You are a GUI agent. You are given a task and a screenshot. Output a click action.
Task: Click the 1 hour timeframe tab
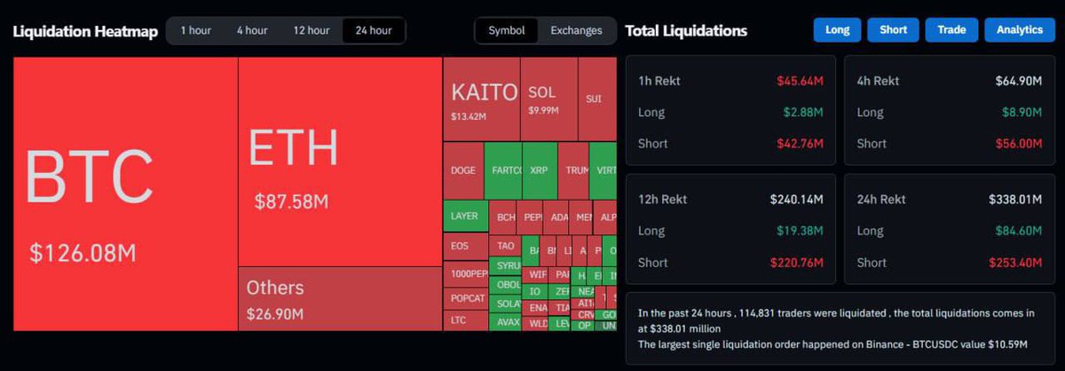tap(195, 30)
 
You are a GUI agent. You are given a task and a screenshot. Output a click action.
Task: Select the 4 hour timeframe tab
tap(252, 30)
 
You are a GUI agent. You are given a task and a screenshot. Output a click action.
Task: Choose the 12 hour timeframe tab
tap(312, 30)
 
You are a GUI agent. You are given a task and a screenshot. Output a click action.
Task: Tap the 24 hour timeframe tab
tap(374, 30)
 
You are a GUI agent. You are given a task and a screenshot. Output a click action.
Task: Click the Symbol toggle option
tap(506, 30)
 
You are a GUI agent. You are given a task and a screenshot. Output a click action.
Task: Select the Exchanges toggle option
tap(576, 30)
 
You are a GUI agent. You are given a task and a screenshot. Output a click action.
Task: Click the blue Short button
tap(893, 30)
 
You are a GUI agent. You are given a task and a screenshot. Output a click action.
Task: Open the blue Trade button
tap(951, 30)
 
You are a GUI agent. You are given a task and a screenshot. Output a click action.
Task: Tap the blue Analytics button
tap(1019, 30)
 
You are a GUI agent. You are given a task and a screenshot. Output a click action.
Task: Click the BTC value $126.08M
tap(83, 253)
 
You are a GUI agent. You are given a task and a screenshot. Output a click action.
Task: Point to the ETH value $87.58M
tap(291, 201)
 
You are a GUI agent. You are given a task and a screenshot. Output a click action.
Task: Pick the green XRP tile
tap(539, 170)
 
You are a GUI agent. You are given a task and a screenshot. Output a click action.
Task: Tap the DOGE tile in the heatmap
tap(462, 170)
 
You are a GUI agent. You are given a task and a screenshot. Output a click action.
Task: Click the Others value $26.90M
tap(275, 314)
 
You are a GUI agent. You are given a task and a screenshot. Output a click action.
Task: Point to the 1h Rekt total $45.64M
tap(800, 81)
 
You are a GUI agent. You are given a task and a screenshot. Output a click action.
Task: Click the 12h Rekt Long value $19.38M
tap(800, 231)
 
